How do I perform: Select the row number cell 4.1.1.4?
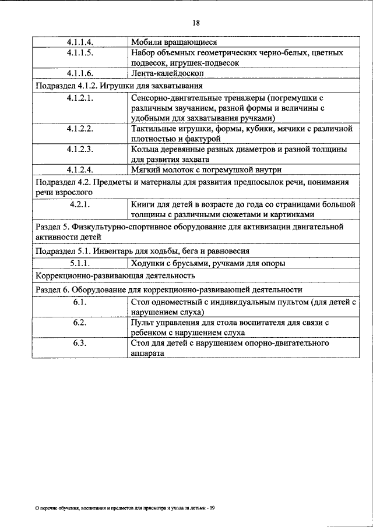80,43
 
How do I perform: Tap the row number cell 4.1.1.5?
80,53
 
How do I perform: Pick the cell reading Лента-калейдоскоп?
168,74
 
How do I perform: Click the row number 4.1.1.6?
80,74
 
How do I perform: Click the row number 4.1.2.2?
80,128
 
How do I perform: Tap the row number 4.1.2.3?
80,149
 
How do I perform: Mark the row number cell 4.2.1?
80,204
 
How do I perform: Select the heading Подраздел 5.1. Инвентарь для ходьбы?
143,251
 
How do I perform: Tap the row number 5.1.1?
80,263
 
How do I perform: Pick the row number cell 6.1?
80,302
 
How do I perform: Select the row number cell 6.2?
80,323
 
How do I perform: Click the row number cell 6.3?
80,344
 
